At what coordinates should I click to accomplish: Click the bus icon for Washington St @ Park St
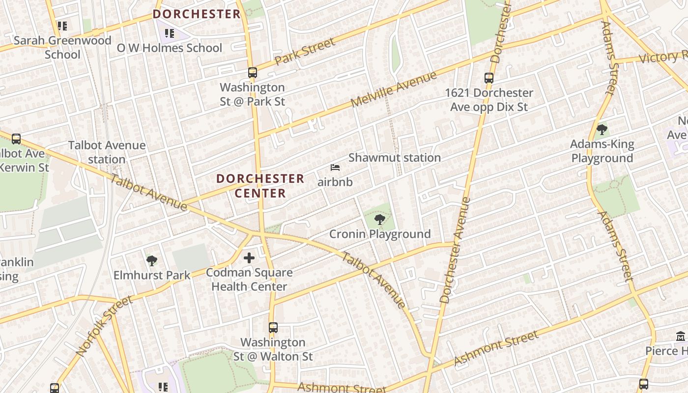point(252,73)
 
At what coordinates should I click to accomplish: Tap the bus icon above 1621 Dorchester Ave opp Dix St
point(488,78)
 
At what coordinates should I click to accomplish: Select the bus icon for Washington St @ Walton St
point(273,327)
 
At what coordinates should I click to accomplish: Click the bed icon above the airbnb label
point(335,168)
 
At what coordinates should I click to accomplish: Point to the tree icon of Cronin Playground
point(379,219)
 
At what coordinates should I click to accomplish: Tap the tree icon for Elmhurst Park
point(151,260)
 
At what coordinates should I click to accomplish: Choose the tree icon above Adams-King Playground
point(602,130)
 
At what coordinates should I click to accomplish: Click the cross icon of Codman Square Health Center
point(249,257)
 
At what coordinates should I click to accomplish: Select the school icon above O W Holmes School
point(169,33)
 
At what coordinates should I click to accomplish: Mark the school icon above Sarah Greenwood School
point(62,26)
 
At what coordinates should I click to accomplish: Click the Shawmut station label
point(394,158)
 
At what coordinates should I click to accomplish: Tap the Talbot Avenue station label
point(107,152)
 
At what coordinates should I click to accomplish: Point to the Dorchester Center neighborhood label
point(260,186)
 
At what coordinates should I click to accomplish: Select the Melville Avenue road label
point(394,90)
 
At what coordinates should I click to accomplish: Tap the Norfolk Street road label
point(104,326)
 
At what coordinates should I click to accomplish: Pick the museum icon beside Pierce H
point(681,337)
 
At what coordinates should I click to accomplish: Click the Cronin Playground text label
point(380,234)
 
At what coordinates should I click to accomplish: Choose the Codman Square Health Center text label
point(249,280)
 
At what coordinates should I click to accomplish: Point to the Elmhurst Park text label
point(152,275)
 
